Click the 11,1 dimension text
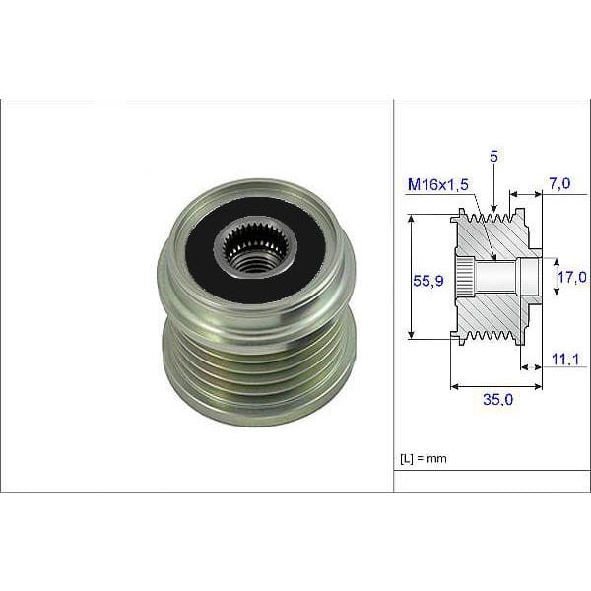(563, 361)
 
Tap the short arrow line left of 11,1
(530, 366)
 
